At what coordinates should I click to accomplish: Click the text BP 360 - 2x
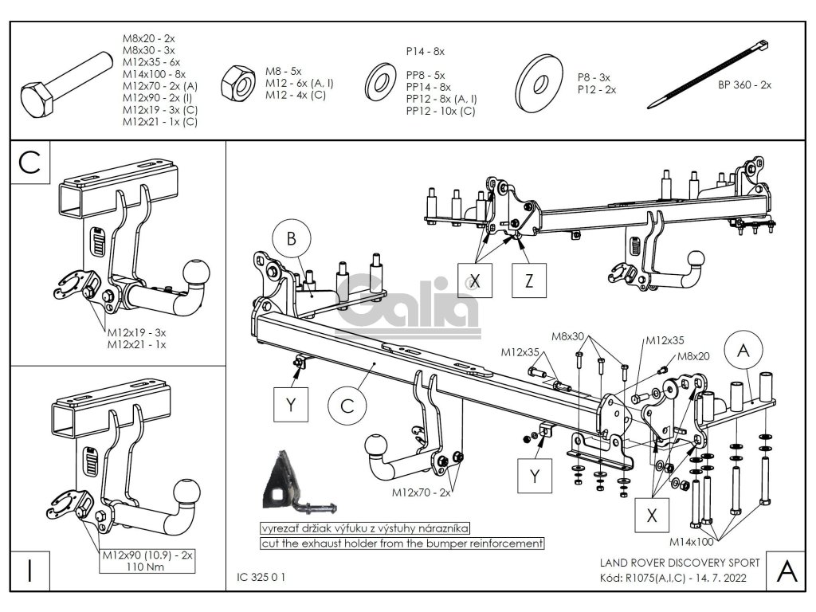[x=744, y=84]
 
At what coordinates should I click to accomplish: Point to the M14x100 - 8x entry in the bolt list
[x=155, y=73]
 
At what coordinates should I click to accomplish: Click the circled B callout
[x=292, y=238]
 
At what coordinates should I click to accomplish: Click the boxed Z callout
[x=529, y=280]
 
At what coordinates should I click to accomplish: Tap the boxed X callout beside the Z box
[x=476, y=280]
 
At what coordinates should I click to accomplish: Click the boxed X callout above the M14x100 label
[x=653, y=515]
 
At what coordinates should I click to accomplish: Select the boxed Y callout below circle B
[x=291, y=405]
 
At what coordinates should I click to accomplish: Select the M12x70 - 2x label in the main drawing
[x=421, y=492]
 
